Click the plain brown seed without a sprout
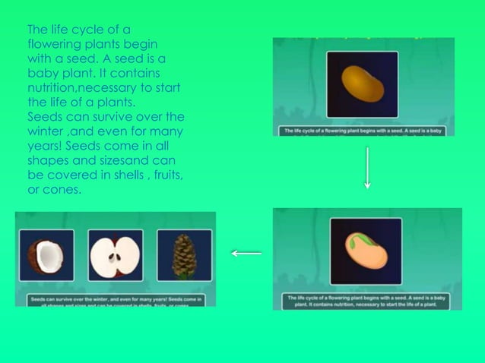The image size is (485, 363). (362, 84)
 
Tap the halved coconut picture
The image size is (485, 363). (46, 255)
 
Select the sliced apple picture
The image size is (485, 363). (115, 255)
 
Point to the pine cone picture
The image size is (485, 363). (183, 256)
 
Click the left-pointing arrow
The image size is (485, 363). (246, 253)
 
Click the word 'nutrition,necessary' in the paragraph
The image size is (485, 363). (80, 87)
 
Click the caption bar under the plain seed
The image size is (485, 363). (363, 131)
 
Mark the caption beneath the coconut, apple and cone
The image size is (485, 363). (116, 301)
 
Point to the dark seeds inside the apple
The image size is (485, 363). (115, 257)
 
